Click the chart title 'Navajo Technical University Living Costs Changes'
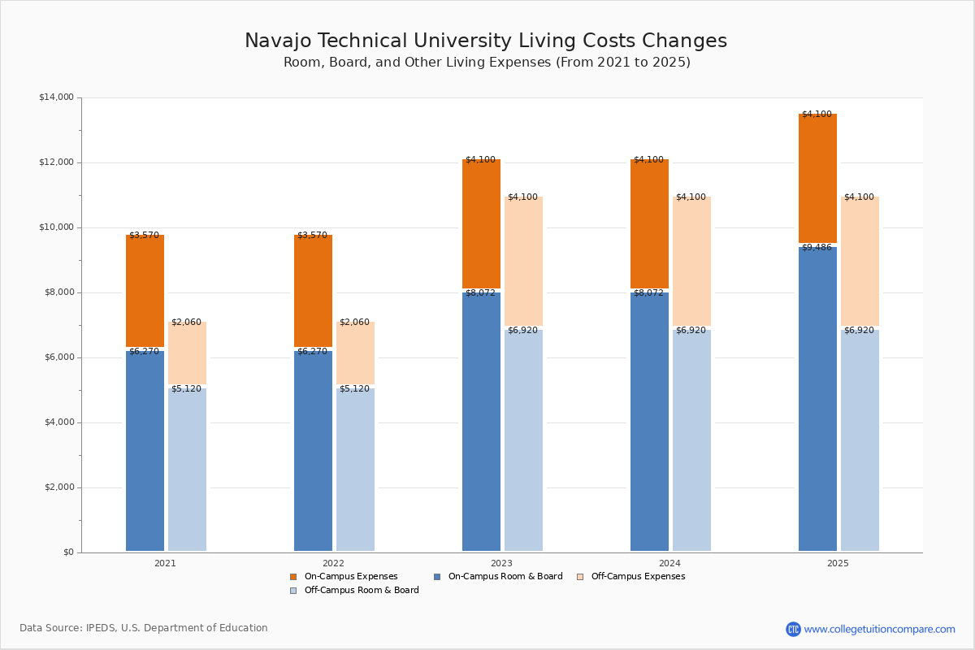click(x=486, y=41)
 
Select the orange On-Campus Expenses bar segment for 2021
click(x=145, y=291)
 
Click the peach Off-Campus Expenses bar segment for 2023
click(x=523, y=262)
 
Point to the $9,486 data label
click(x=817, y=247)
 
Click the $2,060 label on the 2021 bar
click(x=186, y=323)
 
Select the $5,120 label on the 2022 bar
click(x=354, y=389)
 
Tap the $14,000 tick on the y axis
click(x=56, y=97)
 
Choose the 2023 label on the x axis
click(x=501, y=563)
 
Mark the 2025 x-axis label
click(x=838, y=563)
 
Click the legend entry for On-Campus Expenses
click(x=350, y=577)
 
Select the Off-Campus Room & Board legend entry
click(x=362, y=591)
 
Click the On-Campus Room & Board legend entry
click(x=505, y=577)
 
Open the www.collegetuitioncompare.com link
click(x=879, y=629)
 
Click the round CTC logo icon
click(x=793, y=629)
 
